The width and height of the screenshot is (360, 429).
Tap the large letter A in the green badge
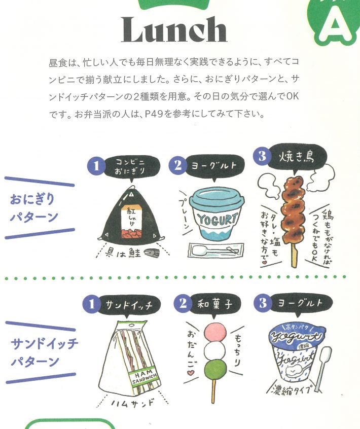[x=335, y=23]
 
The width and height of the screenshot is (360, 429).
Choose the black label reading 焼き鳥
[x=297, y=157]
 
